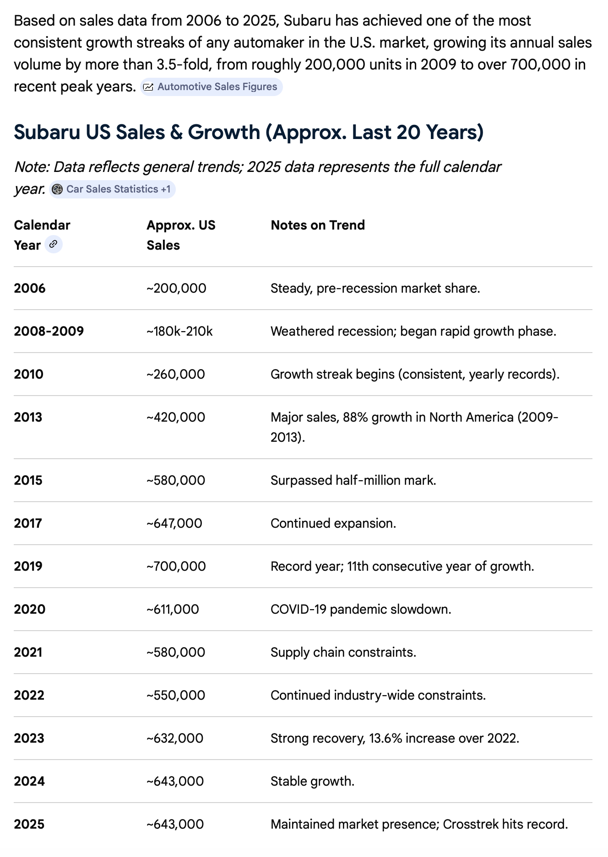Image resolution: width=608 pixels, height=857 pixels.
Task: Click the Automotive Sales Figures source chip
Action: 211,87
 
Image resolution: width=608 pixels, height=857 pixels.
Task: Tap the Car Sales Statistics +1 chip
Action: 112,189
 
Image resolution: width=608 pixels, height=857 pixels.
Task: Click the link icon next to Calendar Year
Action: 53,244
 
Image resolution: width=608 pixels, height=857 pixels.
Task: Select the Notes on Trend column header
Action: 318,225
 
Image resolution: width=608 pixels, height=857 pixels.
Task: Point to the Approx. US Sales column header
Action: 181,235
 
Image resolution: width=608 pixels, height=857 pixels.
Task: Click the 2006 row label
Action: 30,288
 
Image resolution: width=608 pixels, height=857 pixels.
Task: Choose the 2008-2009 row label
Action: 49,331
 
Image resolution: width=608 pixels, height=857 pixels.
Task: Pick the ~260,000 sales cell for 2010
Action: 176,374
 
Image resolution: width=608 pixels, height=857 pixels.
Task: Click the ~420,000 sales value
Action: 176,417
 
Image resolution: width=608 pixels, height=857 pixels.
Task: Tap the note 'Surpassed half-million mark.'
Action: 353,480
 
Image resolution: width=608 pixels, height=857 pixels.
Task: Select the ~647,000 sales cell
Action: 174,523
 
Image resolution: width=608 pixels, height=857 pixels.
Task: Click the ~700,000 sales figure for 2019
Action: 176,566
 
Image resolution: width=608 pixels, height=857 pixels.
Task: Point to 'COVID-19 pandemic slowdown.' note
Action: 361,609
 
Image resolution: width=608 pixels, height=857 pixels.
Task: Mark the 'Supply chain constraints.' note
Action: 343,652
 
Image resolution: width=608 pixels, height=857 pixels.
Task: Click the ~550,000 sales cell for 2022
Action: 176,695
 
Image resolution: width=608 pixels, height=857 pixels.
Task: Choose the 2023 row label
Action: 29,738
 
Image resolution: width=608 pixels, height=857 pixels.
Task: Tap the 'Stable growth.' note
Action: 313,781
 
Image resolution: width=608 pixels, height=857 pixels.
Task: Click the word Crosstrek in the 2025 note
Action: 471,824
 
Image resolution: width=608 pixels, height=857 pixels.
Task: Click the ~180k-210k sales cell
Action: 179,331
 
